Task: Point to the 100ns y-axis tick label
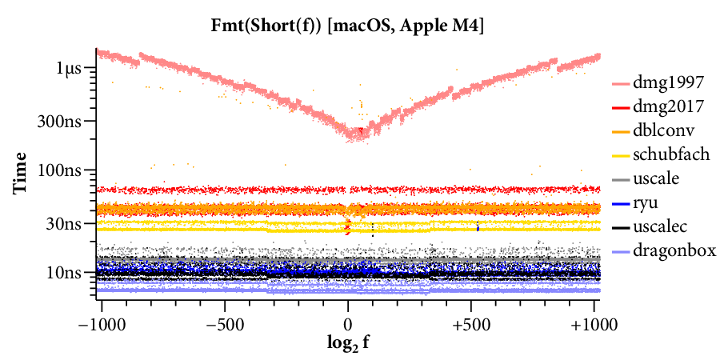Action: click(63, 170)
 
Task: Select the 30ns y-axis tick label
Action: click(66, 223)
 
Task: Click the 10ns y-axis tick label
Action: click(66, 272)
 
